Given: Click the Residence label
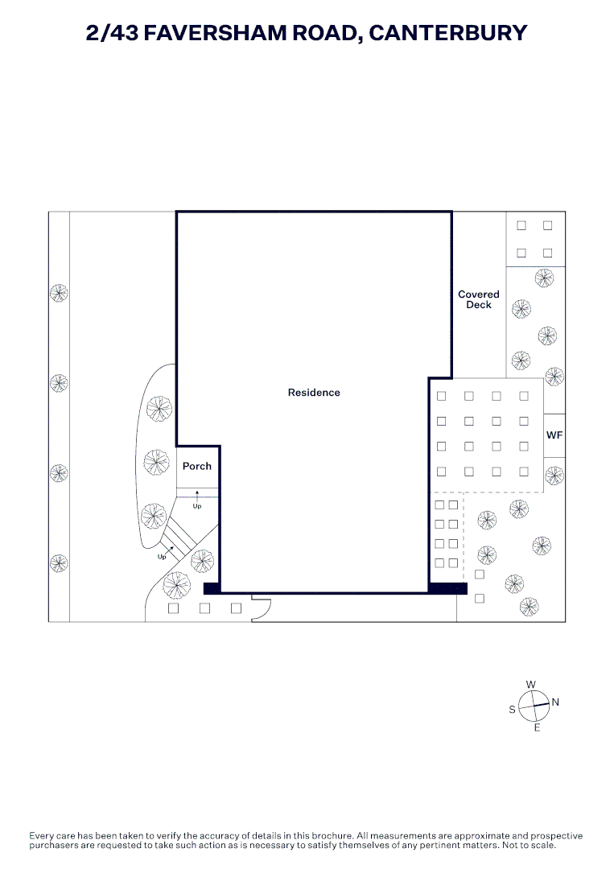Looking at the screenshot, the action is coord(314,393).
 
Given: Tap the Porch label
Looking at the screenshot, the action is coord(197,466).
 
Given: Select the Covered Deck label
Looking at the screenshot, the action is coord(479,299).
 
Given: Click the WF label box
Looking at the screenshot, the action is coord(554,435).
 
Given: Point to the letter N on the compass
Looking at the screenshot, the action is coord(555,702).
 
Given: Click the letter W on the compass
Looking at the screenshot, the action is coord(531,685).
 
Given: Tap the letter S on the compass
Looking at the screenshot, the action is coord(512,710).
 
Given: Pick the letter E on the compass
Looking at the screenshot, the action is coord(537,727).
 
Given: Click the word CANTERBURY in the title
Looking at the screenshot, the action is coord(447,33).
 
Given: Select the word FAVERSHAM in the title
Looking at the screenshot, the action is coord(215,33).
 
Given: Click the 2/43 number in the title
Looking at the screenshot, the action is coord(112,33).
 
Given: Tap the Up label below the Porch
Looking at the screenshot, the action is coord(196,506).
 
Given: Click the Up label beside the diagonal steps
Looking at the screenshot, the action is coord(161,557).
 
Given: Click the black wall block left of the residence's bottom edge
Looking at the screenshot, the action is coord(212,588).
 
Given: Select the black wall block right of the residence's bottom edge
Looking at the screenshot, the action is coord(447,588).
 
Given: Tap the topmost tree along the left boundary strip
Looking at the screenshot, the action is coord(59,293).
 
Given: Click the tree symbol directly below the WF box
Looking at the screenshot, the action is coord(554,475).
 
